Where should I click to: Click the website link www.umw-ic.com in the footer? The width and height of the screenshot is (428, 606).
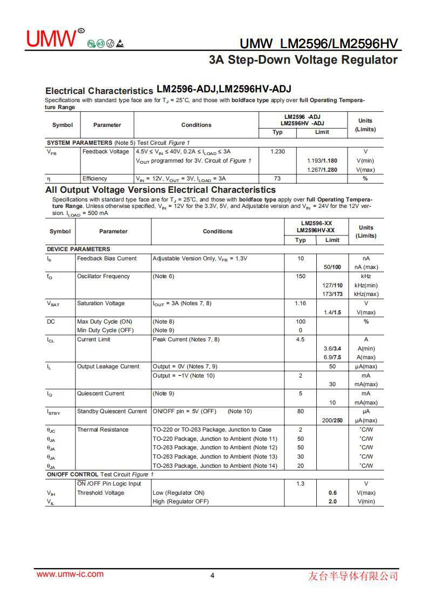click(x=70, y=574)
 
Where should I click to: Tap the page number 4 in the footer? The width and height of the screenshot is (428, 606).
click(x=212, y=575)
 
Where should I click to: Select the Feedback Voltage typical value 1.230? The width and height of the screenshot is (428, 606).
click(x=277, y=152)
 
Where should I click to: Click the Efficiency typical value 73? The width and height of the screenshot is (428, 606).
click(x=277, y=178)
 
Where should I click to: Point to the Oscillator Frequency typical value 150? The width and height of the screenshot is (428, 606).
click(x=301, y=277)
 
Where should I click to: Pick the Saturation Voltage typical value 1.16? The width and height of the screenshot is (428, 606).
click(x=301, y=304)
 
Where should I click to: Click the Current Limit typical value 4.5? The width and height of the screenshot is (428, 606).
click(x=301, y=340)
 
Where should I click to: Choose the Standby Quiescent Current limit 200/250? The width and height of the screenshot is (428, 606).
click(x=332, y=421)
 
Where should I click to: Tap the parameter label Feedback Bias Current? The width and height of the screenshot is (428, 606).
click(x=107, y=259)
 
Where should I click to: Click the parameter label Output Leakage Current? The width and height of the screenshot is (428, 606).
click(x=108, y=367)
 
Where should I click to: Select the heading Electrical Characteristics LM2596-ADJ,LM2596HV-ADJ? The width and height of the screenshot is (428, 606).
click(x=168, y=90)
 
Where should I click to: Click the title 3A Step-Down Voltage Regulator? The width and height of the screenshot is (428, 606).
click(x=303, y=60)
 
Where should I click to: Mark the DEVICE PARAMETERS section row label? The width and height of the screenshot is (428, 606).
click(x=78, y=250)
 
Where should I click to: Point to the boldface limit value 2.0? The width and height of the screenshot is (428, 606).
click(x=332, y=502)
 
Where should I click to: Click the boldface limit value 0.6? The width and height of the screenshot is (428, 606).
click(x=332, y=493)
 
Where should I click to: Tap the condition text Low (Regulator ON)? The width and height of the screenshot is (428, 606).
click(x=179, y=493)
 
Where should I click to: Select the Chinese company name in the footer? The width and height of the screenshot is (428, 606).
click(x=353, y=576)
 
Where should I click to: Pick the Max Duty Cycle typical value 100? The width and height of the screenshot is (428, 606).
click(x=301, y=322)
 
